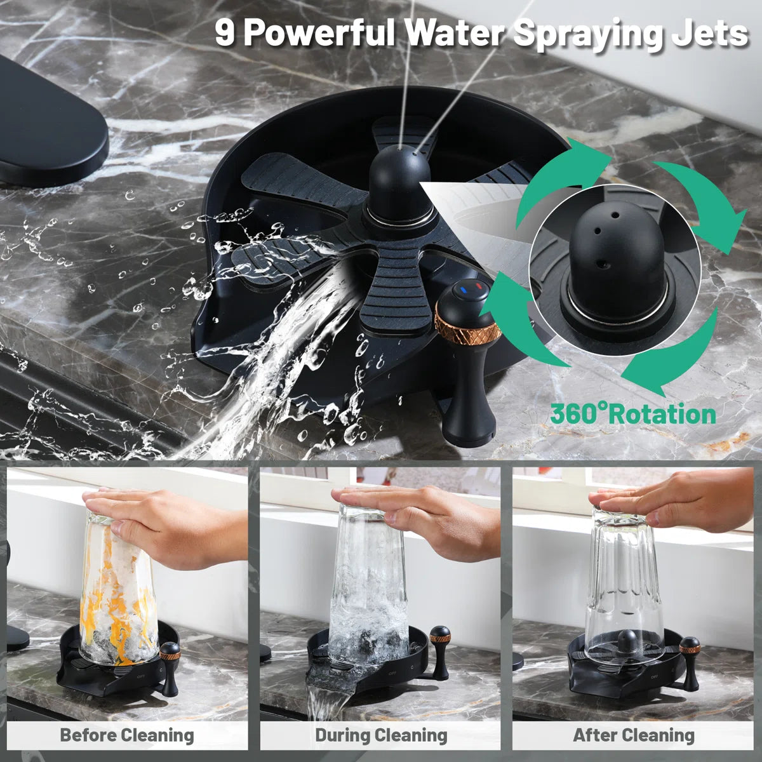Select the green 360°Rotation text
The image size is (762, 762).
click(632, 414)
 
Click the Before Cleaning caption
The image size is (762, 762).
click(127, 735)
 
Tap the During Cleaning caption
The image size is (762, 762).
click(381, 735)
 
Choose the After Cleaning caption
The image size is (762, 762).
click(634, 735)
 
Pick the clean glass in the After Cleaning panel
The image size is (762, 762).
click(622, 584)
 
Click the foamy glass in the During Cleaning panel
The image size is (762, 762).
click(368, 584)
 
